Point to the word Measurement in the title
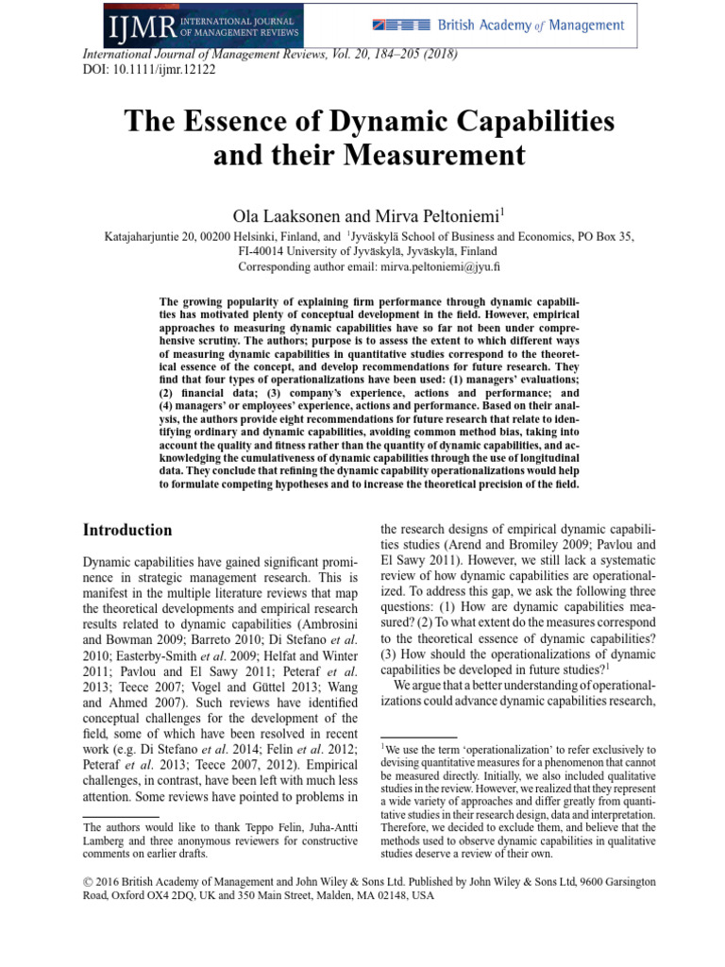[x=436, y=153]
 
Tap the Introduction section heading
[x=127, y=530]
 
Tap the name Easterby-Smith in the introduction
[x=147, y=646]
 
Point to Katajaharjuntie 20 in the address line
[x=154, y=237]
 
